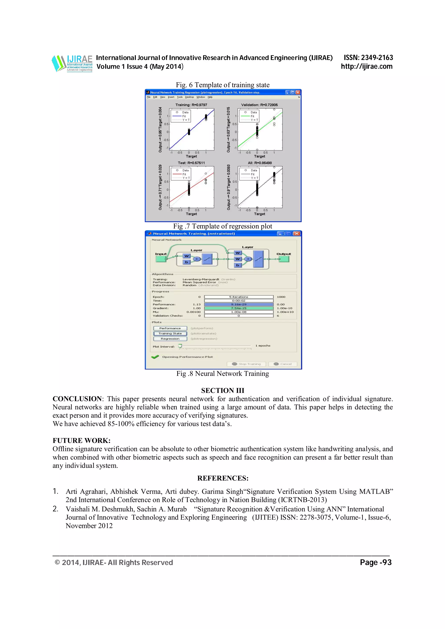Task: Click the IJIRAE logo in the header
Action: [x=72, y=64]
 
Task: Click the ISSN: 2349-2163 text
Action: [x=368, y=58]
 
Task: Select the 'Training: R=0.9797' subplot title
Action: [x=191, y=105]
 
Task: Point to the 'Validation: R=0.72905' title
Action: [x=259, y=105]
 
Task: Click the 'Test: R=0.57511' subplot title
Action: [x=191, y=163]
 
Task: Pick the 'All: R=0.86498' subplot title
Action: [x=260, y=163]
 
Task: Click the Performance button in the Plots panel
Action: [x=170, y=328]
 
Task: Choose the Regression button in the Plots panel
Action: [x=170, y=339]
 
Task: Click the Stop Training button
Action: [x=246, y=364]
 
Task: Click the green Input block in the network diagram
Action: [x=161, y=259]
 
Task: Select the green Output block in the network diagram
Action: [x=284, y=259]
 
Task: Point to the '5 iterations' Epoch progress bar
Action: [x=239, y=297]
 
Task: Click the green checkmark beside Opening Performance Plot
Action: [x=155, y=357]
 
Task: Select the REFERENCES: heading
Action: [x=223, y=478]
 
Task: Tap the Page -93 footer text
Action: [x=376, y=562]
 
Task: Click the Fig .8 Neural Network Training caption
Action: [x=222, y=374]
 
